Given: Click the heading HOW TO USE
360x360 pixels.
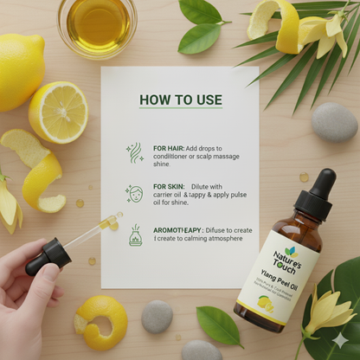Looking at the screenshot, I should [180, 100].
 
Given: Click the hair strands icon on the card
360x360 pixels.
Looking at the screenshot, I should [135, 153].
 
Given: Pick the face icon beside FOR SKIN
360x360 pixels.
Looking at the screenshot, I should [134, 193].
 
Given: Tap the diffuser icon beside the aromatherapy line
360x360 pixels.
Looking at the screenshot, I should [135, 235].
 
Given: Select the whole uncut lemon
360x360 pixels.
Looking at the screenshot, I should [17, 72].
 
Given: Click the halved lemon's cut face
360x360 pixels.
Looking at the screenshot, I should [59, 112].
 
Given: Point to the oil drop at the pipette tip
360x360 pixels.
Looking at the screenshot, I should [111, 222].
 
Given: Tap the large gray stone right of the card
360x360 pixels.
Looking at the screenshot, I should [334, 122].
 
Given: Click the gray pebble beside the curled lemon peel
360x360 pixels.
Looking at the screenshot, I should [157, 317].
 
